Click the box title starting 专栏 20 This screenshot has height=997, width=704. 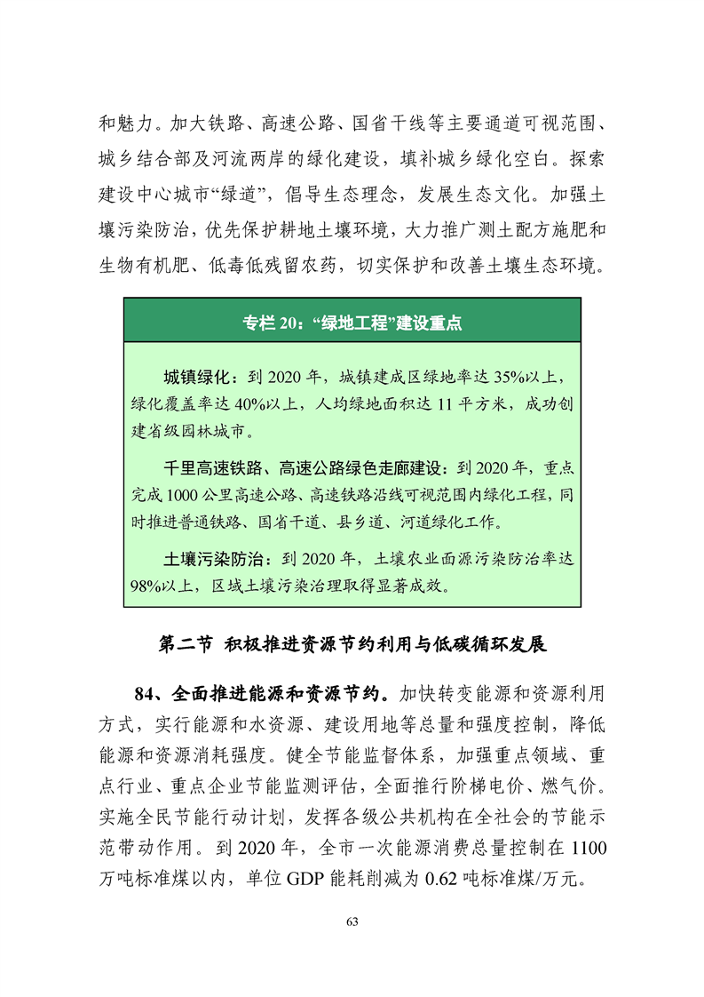coord(352,323)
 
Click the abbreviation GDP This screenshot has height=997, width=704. coord(306,878)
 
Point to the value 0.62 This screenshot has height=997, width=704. coord(442,878)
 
